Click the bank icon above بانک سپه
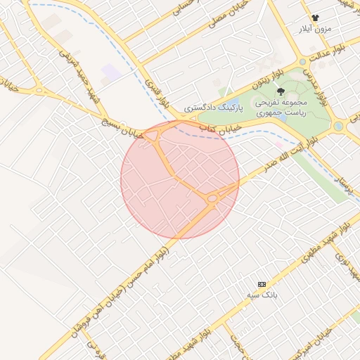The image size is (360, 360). (x=262, y=283)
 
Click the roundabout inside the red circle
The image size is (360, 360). (x=212, y=199)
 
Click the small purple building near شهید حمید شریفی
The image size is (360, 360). (x=111, y=71)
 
